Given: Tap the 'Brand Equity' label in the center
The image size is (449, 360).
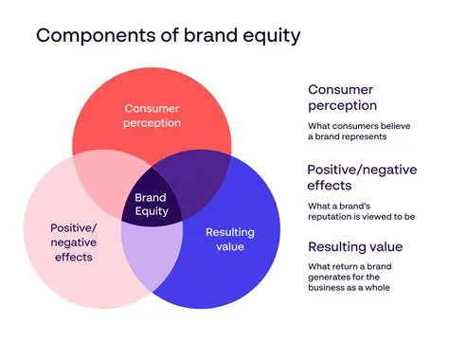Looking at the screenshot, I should pyautogui.click(x=151, y=205).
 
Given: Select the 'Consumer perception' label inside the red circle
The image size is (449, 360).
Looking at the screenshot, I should pyautogui.click(x=153, y=115).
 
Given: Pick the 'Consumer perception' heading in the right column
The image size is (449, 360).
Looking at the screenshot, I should pyautogui.click(x=342, y=98).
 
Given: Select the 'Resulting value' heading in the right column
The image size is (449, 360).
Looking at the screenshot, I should pyautogui.click(x=355, y=247).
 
